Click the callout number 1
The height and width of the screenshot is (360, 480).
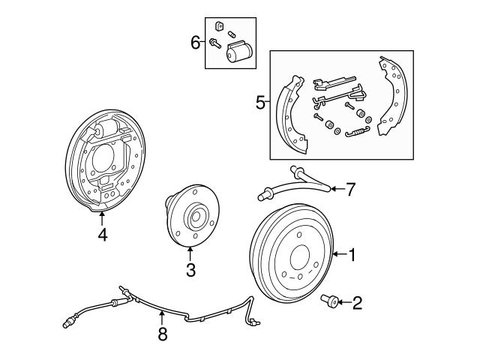click(x=352, y=255)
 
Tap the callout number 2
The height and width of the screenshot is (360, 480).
click(x=357, y=303)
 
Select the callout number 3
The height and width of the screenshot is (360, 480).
click(x=190, y=270)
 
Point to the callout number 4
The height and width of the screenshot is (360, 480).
click(x=103, y=235)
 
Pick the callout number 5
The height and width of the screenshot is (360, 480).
click(x=260, y=103)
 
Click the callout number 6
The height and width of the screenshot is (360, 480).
click(x=195, y=42)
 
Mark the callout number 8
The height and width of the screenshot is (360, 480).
click(x=163, y=334)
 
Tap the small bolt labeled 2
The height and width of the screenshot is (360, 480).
click(x=328, y=302)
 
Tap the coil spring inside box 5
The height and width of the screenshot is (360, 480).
click(x=359, y=134)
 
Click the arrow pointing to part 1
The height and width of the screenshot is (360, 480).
click(x=337, y=255)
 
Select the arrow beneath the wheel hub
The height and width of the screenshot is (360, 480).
click(x=190, y=254)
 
